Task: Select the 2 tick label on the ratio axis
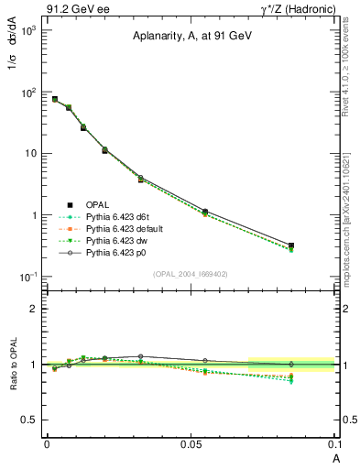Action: [x=32, y=309]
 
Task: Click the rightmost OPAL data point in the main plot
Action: [x=290, y=245]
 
